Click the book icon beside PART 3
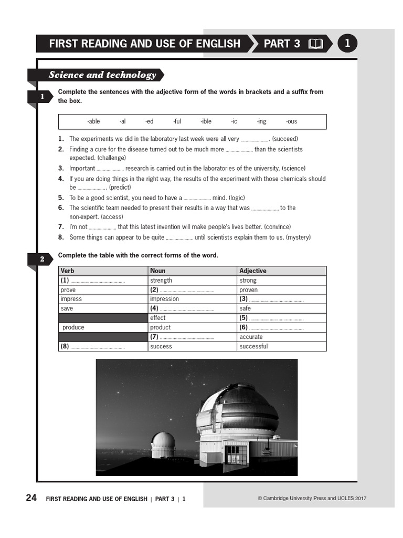(x=316, y=44)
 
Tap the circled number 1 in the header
(x=347, y=44)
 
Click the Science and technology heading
(x=102, y=75)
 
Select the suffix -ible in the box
(x=206, y=121)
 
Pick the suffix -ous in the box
(x=291, y=121)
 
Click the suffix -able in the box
(x=93, y=121)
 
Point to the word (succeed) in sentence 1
(x=285, y=139)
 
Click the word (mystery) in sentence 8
(x=298, y=237)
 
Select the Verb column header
(x=68, y=271)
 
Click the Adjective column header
(x=253, y=271)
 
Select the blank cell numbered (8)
(x=103, y=346)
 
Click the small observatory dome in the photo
(x=163, y=443)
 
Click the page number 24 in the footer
(x=31, y=498)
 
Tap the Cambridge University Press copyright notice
(x=312, y=499)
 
